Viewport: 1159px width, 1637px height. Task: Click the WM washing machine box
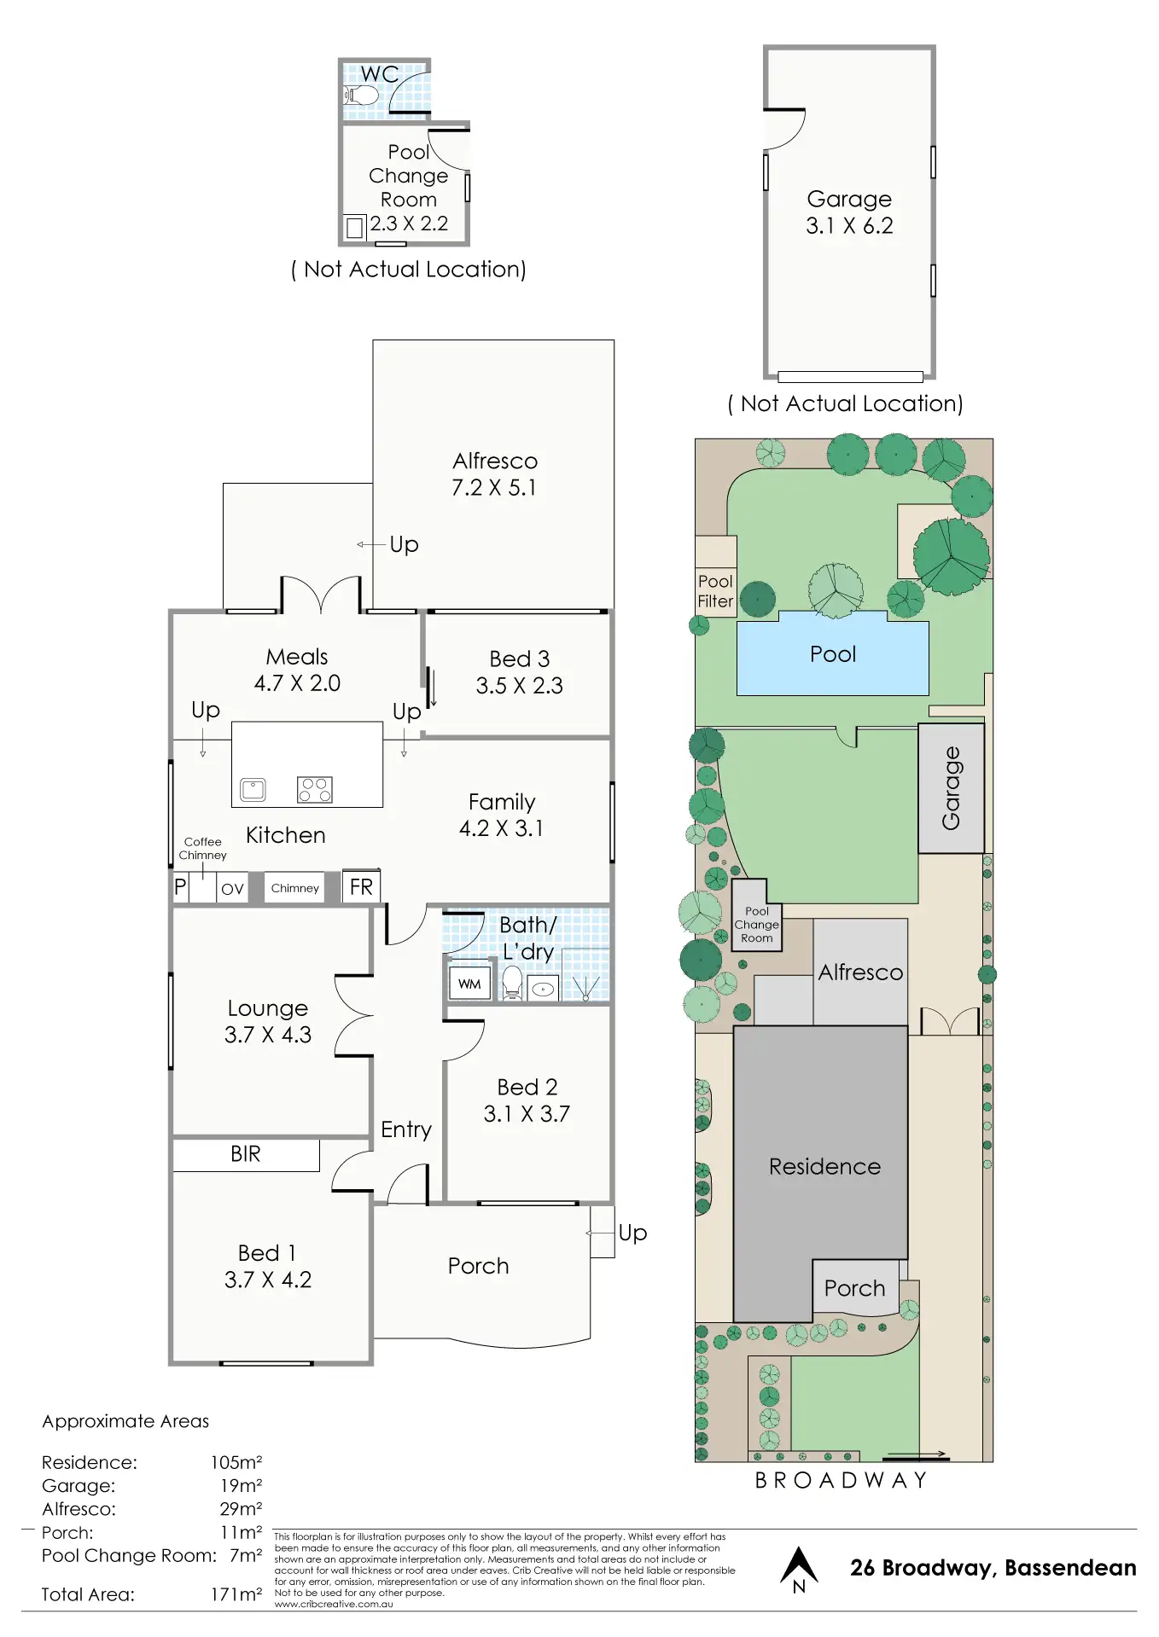469,984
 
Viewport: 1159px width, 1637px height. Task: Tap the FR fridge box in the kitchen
361,887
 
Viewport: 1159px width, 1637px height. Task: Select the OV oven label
232,889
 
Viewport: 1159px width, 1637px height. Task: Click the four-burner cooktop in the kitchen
314,790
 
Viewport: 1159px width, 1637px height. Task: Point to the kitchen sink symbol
253,790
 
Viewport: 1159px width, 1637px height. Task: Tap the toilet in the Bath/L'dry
512,983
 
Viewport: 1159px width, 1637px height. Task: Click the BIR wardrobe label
246,1154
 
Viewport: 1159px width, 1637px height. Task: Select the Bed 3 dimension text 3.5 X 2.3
519,686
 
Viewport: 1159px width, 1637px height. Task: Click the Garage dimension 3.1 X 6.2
849,226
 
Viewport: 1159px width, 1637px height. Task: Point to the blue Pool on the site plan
832,654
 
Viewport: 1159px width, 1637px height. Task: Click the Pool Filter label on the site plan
715,591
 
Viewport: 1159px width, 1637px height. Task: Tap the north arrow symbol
799,1569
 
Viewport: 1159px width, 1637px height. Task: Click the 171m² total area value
236,1594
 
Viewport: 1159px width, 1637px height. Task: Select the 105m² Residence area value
236,1462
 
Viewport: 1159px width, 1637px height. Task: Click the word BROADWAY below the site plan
841,1480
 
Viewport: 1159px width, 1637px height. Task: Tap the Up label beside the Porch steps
632,1233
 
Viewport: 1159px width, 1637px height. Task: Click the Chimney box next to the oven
294,888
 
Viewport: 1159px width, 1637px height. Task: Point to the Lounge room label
267,1008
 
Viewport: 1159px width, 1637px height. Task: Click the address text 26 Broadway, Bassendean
993,1568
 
